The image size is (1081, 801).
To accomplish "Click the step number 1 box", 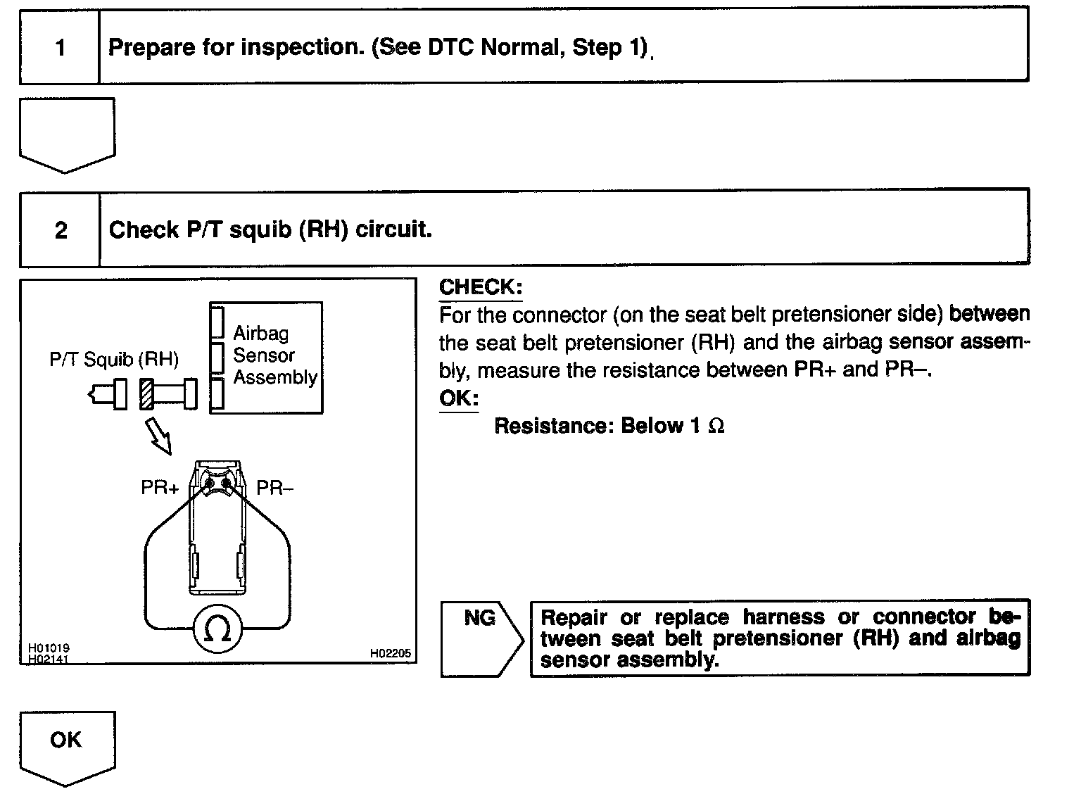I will (x=60, y=48).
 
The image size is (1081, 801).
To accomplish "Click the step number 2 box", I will (x=60, y=230).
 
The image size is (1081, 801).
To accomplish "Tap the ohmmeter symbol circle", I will (x=217, y=629).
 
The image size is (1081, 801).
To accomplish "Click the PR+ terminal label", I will (x=160, y=488).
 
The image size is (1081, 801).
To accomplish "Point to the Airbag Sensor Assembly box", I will (x=266, y=357).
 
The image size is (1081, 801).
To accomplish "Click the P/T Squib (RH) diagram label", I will (x=113, y=360).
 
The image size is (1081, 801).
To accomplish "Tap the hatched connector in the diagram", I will (x=146, y=393).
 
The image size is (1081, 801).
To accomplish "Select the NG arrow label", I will (x=481, y=619).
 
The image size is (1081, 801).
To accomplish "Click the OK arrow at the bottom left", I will (x=66, y=743).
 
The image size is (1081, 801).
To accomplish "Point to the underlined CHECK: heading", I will (x=481, y=287).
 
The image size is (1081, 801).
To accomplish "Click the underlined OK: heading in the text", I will (x=459, y=398).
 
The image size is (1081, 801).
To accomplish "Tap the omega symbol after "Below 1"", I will (x=716, y=427).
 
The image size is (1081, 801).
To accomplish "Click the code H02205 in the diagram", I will (x=390, y=654).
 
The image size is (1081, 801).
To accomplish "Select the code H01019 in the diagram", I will (x=49, y=648).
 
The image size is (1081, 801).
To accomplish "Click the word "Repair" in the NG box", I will (x=573, y=617).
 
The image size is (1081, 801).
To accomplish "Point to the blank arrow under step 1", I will (x=67, y=134).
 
